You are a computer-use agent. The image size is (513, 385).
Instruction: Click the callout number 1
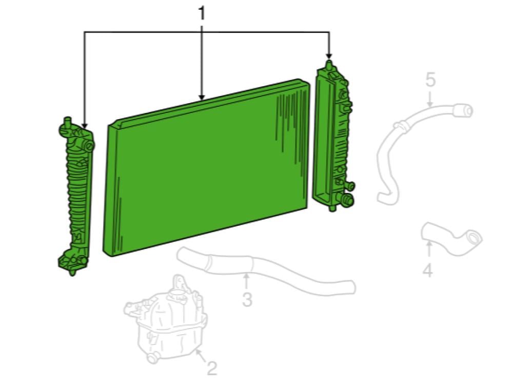(202, 14)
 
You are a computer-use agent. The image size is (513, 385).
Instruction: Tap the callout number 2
(212, 368)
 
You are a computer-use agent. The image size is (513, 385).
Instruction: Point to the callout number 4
(428, 270)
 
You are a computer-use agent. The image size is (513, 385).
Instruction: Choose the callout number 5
(430, 80)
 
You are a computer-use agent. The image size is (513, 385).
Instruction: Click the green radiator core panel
(206, 167)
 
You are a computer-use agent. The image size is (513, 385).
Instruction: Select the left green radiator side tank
(76, 196)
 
